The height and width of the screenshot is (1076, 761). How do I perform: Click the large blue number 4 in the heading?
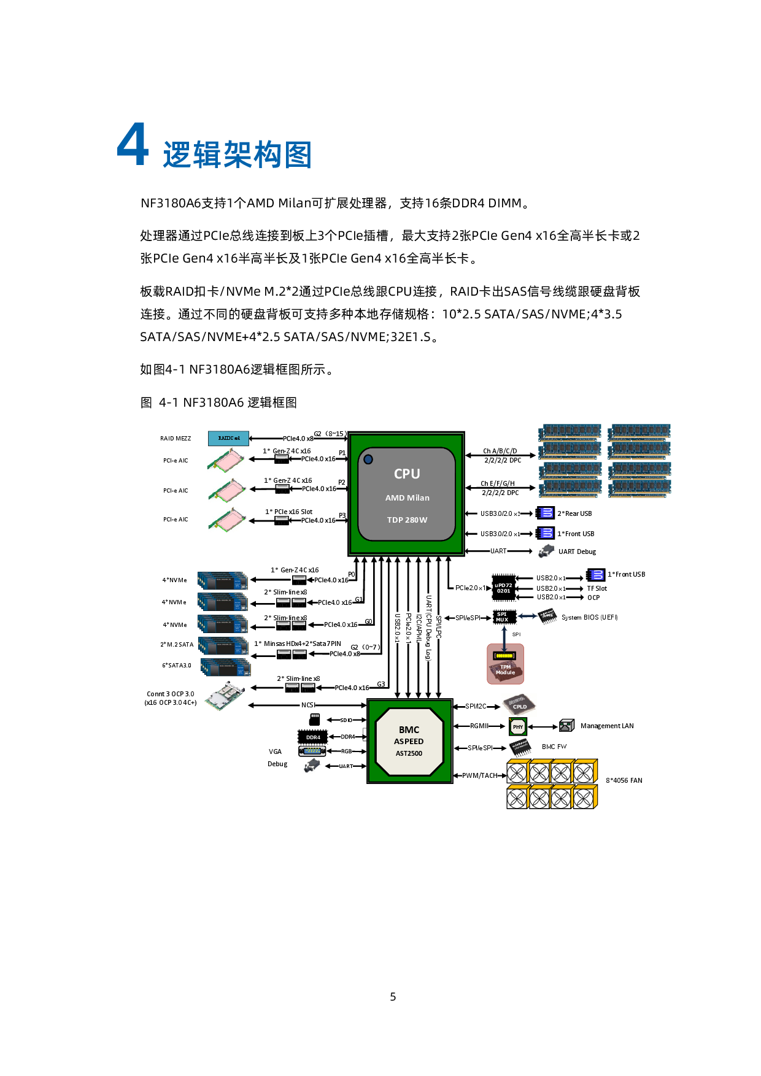133,144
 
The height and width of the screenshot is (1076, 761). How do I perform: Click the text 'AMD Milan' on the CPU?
407,498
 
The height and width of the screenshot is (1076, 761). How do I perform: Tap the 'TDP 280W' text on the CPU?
407,520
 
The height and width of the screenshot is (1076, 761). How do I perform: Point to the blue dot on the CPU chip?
368,459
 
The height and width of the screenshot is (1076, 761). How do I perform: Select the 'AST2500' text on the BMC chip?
409,753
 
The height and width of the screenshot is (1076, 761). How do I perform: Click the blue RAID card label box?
228,438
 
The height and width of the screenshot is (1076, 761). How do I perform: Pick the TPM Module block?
505,664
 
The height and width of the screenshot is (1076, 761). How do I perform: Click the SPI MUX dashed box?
504,617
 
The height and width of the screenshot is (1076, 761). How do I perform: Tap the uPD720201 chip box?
503,588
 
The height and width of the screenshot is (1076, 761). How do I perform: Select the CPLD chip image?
519,705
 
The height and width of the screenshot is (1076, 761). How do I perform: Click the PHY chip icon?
518,727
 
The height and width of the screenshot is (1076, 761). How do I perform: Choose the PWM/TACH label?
479,775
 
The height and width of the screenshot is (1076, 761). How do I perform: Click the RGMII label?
479,726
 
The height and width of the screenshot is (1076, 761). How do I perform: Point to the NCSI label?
307,705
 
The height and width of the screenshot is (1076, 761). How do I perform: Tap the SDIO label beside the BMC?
346,720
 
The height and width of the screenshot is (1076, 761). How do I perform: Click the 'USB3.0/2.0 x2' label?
499,513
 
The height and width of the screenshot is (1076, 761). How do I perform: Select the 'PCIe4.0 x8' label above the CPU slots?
298,439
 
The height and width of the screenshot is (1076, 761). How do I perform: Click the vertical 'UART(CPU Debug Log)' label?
428,627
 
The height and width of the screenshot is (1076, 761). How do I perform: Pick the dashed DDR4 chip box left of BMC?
312,737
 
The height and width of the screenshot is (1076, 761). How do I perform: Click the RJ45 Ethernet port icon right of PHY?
566,726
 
